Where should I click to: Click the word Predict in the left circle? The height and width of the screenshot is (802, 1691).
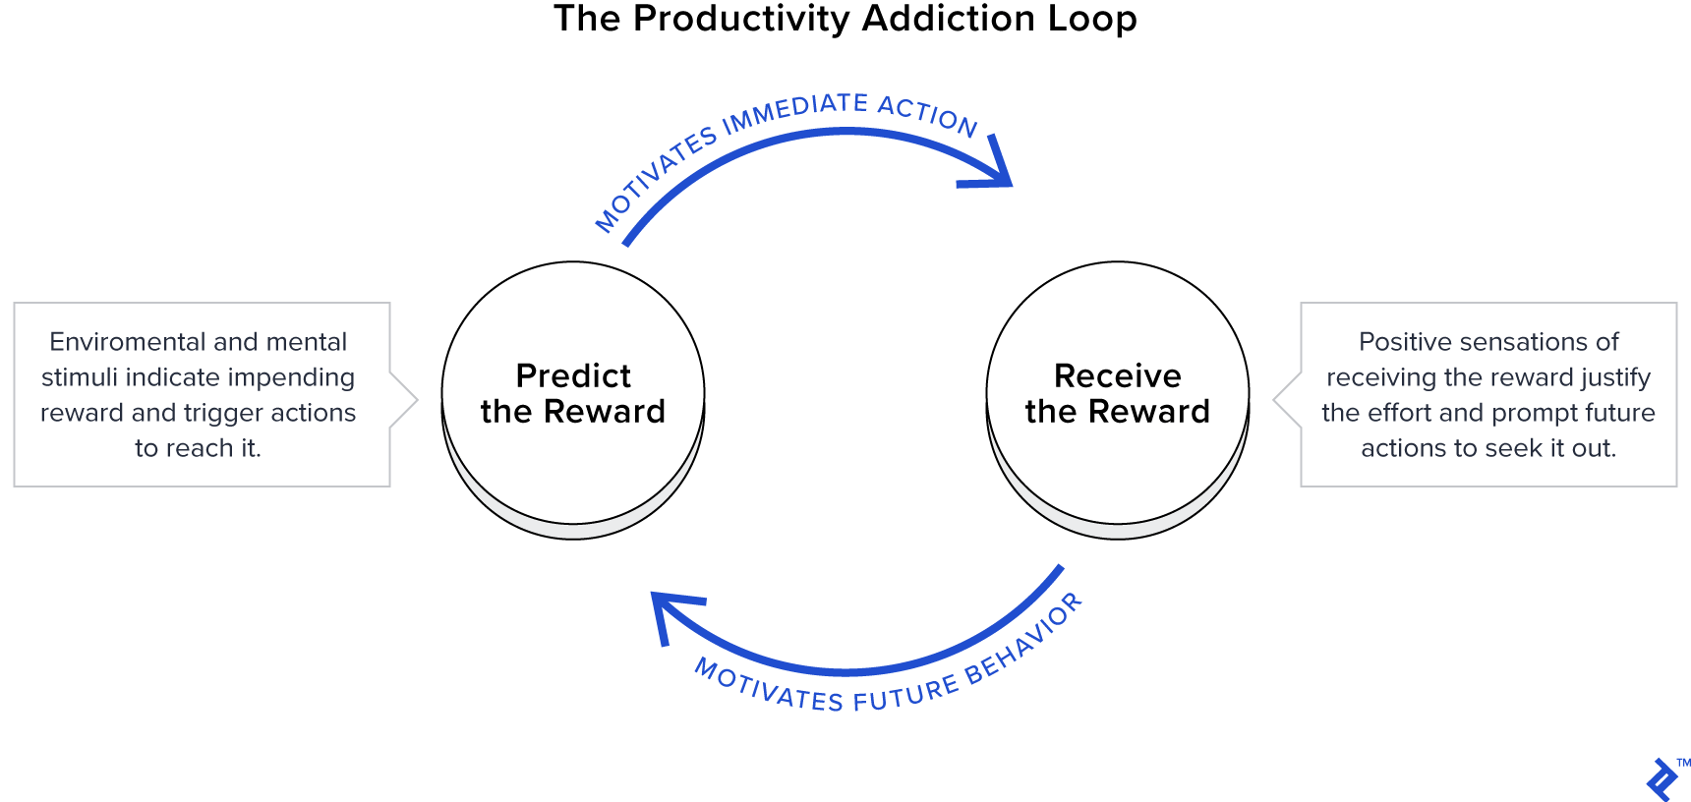(x=573, y=375)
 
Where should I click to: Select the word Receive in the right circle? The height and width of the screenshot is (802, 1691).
(x=1118, y=375)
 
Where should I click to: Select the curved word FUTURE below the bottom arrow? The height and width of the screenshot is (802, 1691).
(x=905, y=694)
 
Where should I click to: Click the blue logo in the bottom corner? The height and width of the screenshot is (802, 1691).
(x=1662, y=779)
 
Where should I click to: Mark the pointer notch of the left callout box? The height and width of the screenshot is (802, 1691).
(x=405, y=400)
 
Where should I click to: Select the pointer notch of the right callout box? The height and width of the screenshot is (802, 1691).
(x=1287, y=400)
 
